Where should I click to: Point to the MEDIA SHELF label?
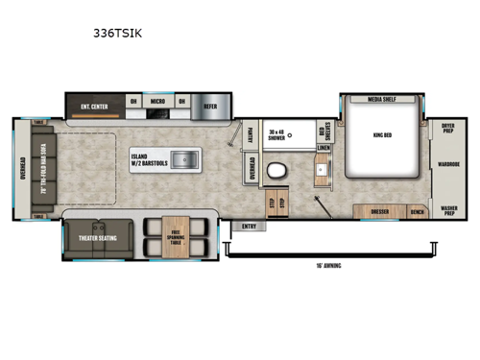click(x=382, y=99)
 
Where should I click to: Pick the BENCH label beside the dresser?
click(x=416, y=210)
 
